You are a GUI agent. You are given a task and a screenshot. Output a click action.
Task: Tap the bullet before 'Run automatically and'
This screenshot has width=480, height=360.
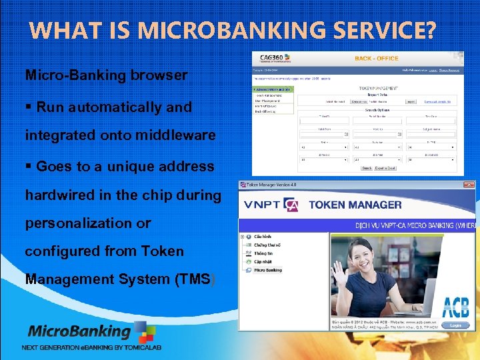pyautogui.click(x=29, y=107)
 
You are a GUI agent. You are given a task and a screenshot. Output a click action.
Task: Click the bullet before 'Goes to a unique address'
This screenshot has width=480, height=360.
pyautogui.click(x=29, y=167)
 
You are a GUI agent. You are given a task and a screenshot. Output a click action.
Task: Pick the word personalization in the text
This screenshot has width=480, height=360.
pyautogui.click(x=88, y=223)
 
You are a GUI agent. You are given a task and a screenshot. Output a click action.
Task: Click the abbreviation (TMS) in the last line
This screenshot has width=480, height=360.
pyautogui.click(x=194, y=279)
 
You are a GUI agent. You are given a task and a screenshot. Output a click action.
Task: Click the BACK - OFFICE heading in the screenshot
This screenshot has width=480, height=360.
pyautogui.click(x=377, y=59)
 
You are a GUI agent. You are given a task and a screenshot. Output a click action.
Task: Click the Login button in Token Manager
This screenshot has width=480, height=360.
pyautogui.click(x=455, y=325)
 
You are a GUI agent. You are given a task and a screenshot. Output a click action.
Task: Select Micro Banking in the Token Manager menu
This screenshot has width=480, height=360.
pyautogui.click(x=267, y=270)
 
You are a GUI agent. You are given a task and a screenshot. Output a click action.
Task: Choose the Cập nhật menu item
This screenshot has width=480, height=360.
pyautogui.click(x=263, y=262)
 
